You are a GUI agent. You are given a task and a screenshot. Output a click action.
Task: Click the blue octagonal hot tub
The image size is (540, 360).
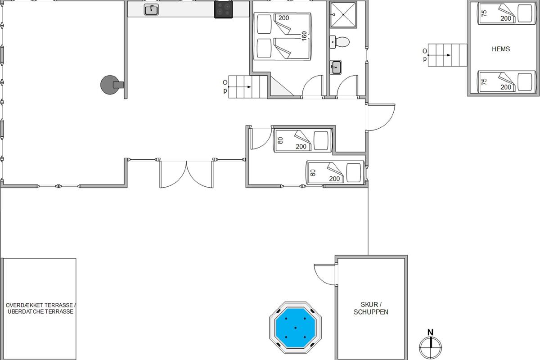(x=295, y=328)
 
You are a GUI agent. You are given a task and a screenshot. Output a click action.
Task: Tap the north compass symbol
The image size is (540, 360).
(x=430, y=344)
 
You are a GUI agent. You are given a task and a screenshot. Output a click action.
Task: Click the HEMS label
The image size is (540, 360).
(x=501, y=49)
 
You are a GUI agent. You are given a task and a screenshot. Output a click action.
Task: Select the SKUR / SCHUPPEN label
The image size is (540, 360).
(x=371, y=308)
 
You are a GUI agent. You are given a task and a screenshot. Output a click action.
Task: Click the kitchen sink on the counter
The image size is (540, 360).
(x=151, y=10)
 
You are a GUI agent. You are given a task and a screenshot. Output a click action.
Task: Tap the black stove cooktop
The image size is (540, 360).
(x=224, y=9)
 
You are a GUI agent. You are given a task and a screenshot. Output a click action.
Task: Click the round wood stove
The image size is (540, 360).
(x=110, y=85)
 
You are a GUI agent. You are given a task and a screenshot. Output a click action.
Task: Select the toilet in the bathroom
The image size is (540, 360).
(x=340, y=42)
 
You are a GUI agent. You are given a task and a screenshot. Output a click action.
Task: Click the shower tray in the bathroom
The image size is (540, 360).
(x=343, y=15)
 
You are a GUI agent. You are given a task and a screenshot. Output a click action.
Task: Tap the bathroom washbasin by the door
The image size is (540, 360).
(x=336, y=67)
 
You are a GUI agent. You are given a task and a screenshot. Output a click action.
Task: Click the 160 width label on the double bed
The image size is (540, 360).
(x=304, y=36)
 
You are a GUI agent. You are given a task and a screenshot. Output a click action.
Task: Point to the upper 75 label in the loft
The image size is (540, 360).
(x=484, y=13)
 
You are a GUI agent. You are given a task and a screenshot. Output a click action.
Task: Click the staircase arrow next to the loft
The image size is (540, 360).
(x=439, y=55)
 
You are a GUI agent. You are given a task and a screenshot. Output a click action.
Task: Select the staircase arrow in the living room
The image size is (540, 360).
(x=239, y=87)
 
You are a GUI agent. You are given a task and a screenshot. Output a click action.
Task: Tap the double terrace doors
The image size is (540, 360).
(x=186, y=174)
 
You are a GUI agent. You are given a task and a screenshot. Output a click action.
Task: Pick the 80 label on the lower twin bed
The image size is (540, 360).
(x=313, y=173)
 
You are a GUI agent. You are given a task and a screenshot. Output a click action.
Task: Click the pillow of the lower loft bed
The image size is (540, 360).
(x=525, y=82)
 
